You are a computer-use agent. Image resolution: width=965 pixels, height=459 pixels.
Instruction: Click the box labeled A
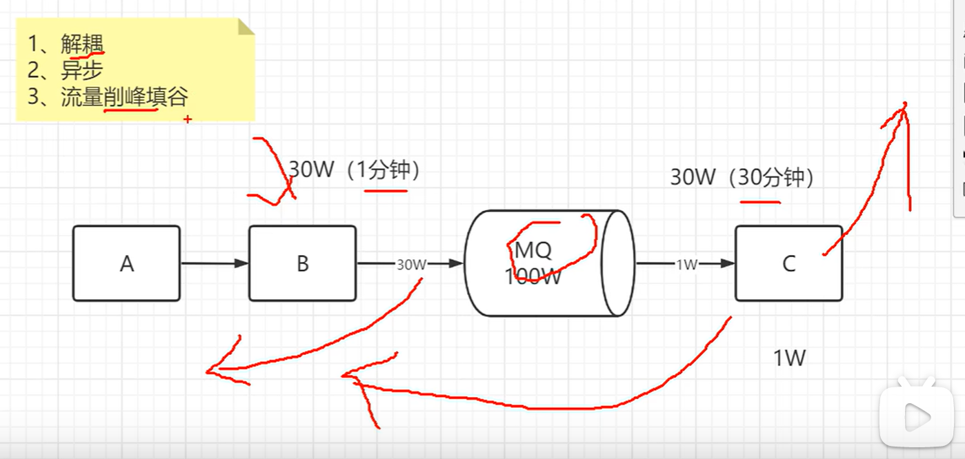click(126, 263)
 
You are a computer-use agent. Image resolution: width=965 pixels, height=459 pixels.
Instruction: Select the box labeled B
click(302, 263)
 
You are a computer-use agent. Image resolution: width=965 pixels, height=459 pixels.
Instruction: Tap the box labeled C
click(788, 263)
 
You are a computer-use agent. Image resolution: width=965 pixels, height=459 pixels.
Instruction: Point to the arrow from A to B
click(214, 263)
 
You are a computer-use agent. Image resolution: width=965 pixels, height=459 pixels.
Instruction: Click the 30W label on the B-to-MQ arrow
click(410, 264)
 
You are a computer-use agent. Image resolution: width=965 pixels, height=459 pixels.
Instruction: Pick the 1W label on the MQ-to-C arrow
click(686, 264)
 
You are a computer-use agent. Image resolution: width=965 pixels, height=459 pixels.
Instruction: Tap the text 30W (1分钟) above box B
click(354, 170)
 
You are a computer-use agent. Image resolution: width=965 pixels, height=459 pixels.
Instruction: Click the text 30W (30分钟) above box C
click(742, 178)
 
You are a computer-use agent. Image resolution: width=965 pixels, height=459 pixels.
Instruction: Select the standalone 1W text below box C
click(789, 358)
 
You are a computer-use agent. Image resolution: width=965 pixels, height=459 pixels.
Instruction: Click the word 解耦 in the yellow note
click(81, 45)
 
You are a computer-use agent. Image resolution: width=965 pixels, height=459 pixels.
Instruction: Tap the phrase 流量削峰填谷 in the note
click(124, 97)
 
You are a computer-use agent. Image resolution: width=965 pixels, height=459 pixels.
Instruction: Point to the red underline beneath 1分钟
click(386, 190)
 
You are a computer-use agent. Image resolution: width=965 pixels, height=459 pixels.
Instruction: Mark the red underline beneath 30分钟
click(760, 202)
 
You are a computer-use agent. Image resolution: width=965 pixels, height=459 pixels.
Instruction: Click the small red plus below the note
click(187, 119)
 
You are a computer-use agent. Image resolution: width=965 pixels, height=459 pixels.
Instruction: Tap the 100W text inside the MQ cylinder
click(533, 277)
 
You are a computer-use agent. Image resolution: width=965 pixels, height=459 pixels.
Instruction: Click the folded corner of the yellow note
click(246, 27)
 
